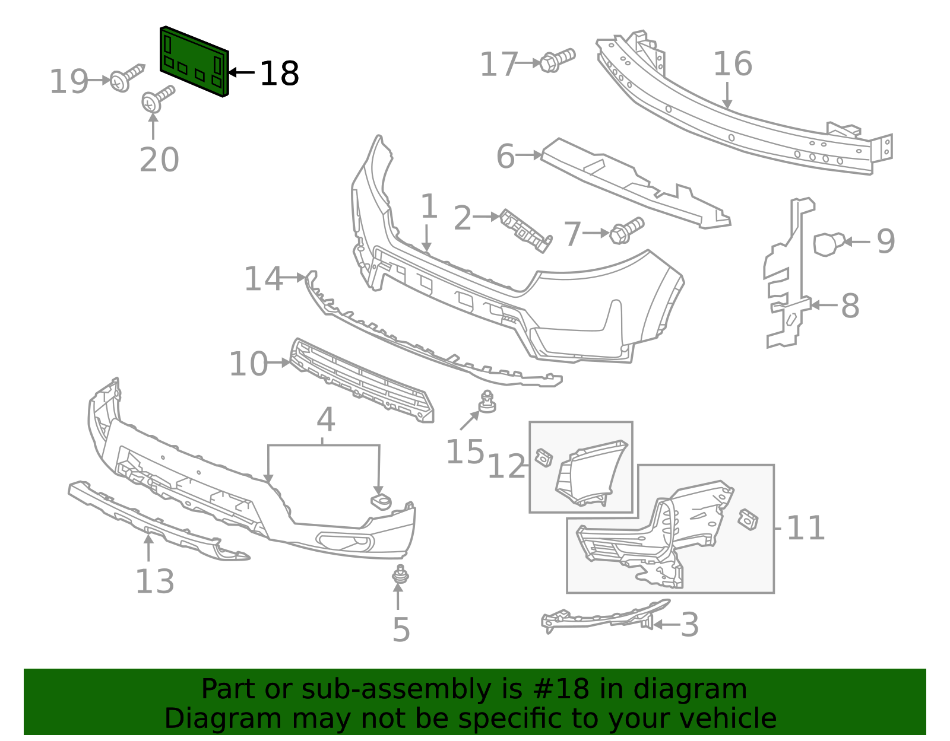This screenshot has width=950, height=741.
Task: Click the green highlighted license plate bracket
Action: click(x=194, y=61)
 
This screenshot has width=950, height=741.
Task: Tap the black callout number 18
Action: click(x=279, y=74)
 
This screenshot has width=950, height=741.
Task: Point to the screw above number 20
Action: click(x=157, y=99)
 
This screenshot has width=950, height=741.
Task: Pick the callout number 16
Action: click(x=732, y=64)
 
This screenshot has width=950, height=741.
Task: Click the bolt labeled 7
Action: click(x=626, y=230)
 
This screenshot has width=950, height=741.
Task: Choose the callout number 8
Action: click(x=850, y=306)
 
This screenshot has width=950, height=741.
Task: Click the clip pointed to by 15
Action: click(x=487, y=402)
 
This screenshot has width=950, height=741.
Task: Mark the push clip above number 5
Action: click(x=401, y=574)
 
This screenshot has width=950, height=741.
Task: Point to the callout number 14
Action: click(x=264, y=279)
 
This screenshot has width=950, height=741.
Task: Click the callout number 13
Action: click(x=155, y=581)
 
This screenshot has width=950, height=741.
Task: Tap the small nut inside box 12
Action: click(x=543, y=457)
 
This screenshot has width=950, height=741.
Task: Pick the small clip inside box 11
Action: click(x=748, y=519)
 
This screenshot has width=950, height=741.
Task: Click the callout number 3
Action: click(x=689, y=625)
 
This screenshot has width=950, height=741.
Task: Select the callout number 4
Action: click(x=325, y=420)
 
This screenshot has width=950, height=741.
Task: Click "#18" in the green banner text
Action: click(x=561, y=689)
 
